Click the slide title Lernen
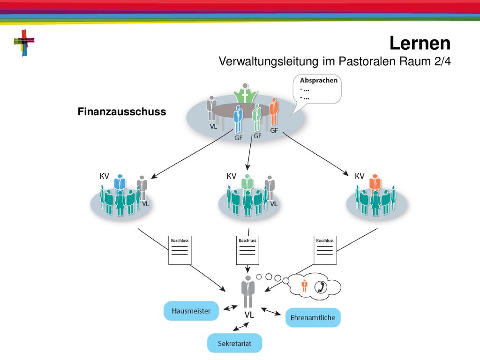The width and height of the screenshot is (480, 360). click(x=420, y=43)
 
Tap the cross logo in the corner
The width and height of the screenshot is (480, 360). click(x=24, y=43)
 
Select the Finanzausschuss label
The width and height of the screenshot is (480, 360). click(x=122, y=112)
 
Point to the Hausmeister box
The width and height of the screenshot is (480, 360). click(x=191, y=311)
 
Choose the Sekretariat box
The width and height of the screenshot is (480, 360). click(x=234, y=343)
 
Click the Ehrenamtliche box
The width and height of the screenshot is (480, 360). click(x=313, y=317)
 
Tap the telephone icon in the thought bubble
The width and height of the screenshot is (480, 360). click(x=321, y=287)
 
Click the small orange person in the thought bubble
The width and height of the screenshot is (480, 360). click(x=304, y=285)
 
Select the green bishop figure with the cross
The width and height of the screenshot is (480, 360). click(x=245, y=94)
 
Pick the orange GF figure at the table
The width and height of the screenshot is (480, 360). click(x=274, y=112)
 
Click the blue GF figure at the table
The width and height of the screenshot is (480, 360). click(x=238, y=119)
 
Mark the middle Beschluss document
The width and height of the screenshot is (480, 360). click(x=247, y=250)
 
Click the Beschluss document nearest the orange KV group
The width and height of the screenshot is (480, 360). click(x=325, y=250)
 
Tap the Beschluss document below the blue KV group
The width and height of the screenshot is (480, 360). click(x=180, y=250)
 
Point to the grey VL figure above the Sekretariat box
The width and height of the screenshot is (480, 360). click(x=248, y=292)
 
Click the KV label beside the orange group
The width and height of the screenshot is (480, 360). click(x=360, y=176)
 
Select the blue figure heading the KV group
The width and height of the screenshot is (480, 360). click(x=120, y=183)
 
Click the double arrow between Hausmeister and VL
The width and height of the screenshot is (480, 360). click(x=231, y=307)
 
